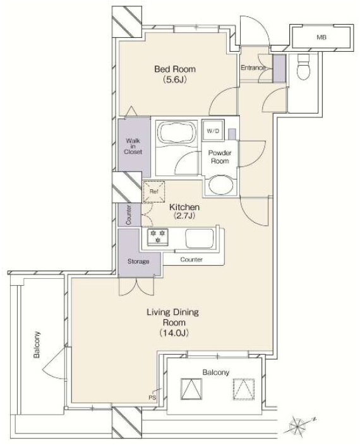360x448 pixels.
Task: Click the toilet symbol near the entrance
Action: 303,67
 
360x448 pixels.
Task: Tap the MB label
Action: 321,37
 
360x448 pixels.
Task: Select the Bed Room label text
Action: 175,69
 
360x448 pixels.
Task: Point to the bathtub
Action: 177,133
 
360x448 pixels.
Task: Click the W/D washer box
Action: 213,131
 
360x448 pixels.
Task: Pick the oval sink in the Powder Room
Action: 221,184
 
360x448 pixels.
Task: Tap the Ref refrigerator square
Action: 154,192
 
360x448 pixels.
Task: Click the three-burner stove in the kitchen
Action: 157,237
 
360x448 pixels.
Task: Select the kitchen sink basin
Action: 200,239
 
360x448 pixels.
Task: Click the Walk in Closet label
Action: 133,146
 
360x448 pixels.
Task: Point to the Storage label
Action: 138,261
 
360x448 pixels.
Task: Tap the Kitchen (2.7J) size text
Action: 184,216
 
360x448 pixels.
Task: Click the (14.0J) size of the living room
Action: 174,333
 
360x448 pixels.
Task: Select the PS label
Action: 152,398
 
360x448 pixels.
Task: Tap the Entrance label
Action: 253,68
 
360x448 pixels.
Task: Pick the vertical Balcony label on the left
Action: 37,345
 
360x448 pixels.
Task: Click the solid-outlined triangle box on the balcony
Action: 191,389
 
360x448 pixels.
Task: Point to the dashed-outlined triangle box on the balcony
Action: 244,389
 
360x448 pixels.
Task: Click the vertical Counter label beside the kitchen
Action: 129,215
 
